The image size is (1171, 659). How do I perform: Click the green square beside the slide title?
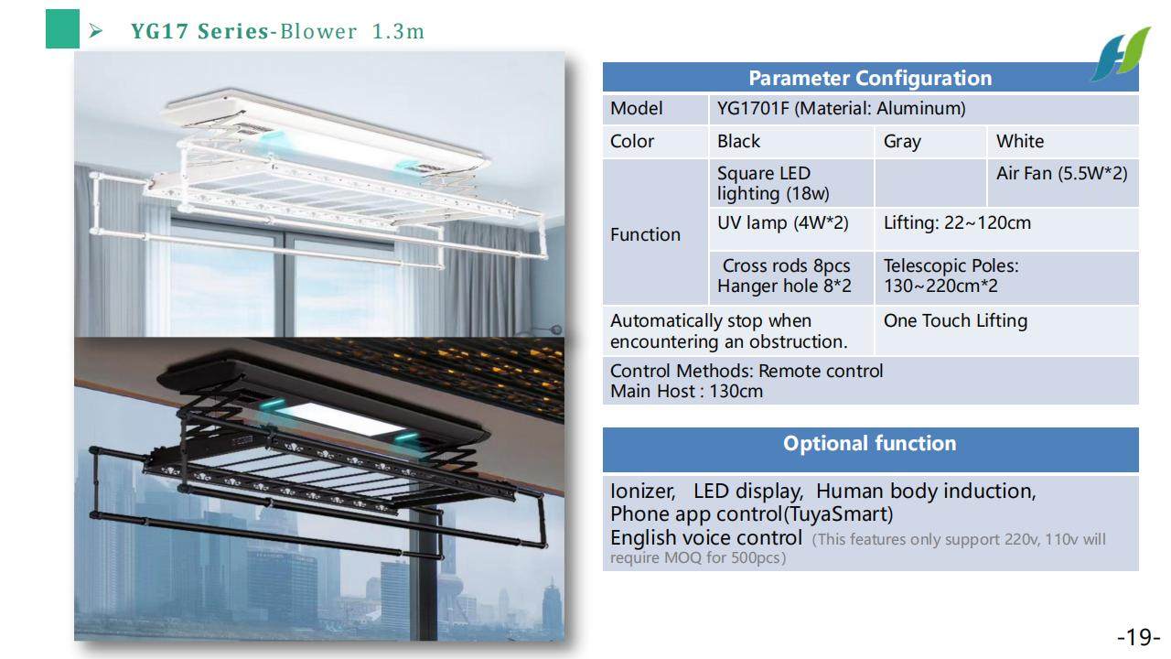[x=62, y=29]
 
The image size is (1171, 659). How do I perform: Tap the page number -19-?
[x=1138, y=637]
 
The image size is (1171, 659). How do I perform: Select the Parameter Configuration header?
[x=870, y=78]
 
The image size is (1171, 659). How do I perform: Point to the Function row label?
[x=645, y=234]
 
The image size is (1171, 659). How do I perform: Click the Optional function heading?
[x=870, y=443]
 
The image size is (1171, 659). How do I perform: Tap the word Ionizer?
[x=642, y=492]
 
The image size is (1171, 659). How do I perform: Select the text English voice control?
[x=705, y=537]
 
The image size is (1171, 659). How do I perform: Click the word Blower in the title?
[x=318, y=31]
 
